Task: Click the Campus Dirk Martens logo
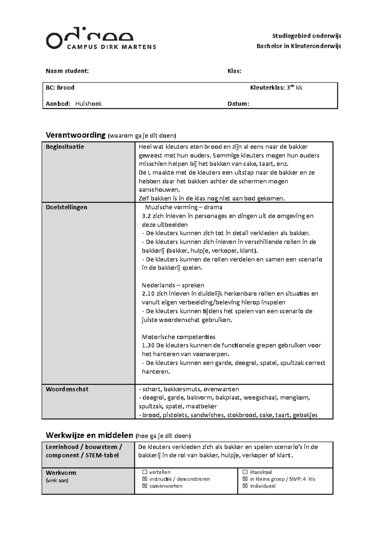pyautogui.click(x=101, y=40)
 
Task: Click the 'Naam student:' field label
pyautogui.click(x=67, y=71)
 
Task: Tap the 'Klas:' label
pyautogui.click(x=234, y=71)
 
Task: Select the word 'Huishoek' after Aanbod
pyautogui.click(x=88, y=104)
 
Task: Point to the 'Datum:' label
pyautogui.click(x=238, y=104)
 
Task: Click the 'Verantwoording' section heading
pyautogui.click(x=75, y=135)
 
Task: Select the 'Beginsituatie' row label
pyautogui.click(x=65, y=147)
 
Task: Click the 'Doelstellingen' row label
pyautogui.click(x=66, y=207)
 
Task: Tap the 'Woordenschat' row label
pyautogui.click(x=67, y=389)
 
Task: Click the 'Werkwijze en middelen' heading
pyautogui.click(x=89, y=435)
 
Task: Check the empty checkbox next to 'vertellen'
pyautogui.click(x=145, y=472)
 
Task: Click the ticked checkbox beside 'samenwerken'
pyautogui.click(x=145, y=486)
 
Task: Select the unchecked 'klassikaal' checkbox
pyautogui.click(x=245, y=472)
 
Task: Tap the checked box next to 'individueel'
pyautogui.click(x=245, y=486)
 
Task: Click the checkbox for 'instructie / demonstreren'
pyautogui.click(x=145, y=479)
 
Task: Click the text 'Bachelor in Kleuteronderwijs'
pyautogui.click(x=299, y=46)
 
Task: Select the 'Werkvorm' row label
pyautogui.click(x=61, y=473)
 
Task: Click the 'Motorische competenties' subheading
pyautogui.click(x=178, y=337)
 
